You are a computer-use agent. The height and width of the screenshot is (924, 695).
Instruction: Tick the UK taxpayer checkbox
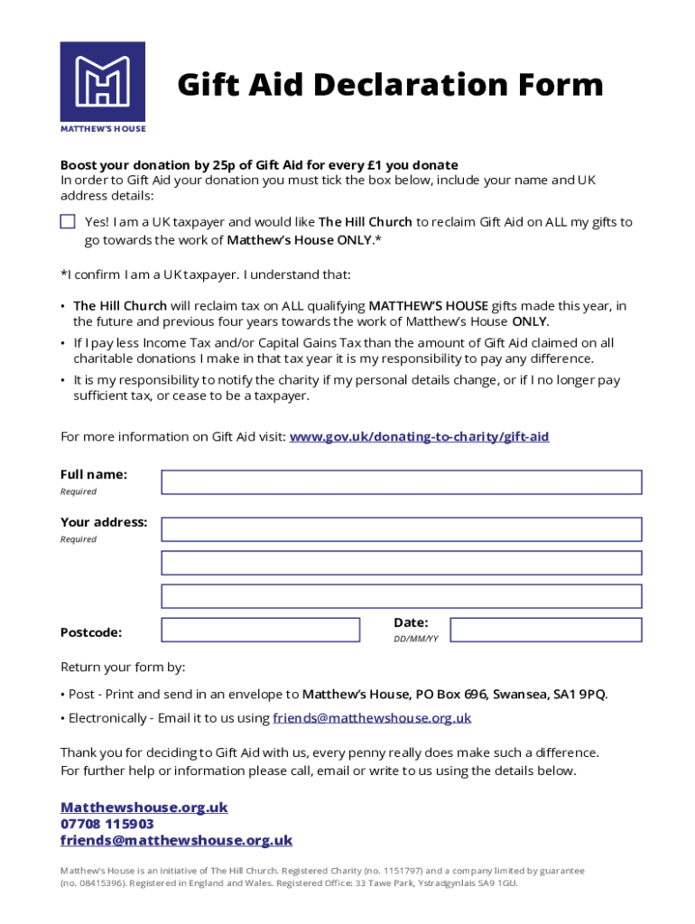tap(68, 222)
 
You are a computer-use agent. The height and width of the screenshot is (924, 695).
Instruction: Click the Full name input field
tap(401, 482)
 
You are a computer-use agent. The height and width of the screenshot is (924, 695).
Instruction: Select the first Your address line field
tap(401, 529)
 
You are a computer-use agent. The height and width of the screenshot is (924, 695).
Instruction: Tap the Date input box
tap(545, 630)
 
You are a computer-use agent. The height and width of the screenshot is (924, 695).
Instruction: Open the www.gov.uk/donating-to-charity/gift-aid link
tap(419, 437)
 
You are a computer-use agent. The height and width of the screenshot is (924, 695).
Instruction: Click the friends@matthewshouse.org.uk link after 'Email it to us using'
tap(373, 718)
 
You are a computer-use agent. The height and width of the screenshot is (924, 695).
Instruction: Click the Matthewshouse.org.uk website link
tap(144, 808)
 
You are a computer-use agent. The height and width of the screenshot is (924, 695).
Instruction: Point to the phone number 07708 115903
tap(107, 824)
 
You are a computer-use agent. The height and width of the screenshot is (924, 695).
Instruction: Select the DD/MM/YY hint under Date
tap(415, 639)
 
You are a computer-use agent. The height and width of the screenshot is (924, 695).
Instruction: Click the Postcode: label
tap(91, 633)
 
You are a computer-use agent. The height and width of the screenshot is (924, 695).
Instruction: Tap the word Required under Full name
tap(79, 492)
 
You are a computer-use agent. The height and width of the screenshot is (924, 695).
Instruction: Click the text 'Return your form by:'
tap(123, 668)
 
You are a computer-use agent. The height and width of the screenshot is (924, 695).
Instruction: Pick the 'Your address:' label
tap(104, 522)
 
